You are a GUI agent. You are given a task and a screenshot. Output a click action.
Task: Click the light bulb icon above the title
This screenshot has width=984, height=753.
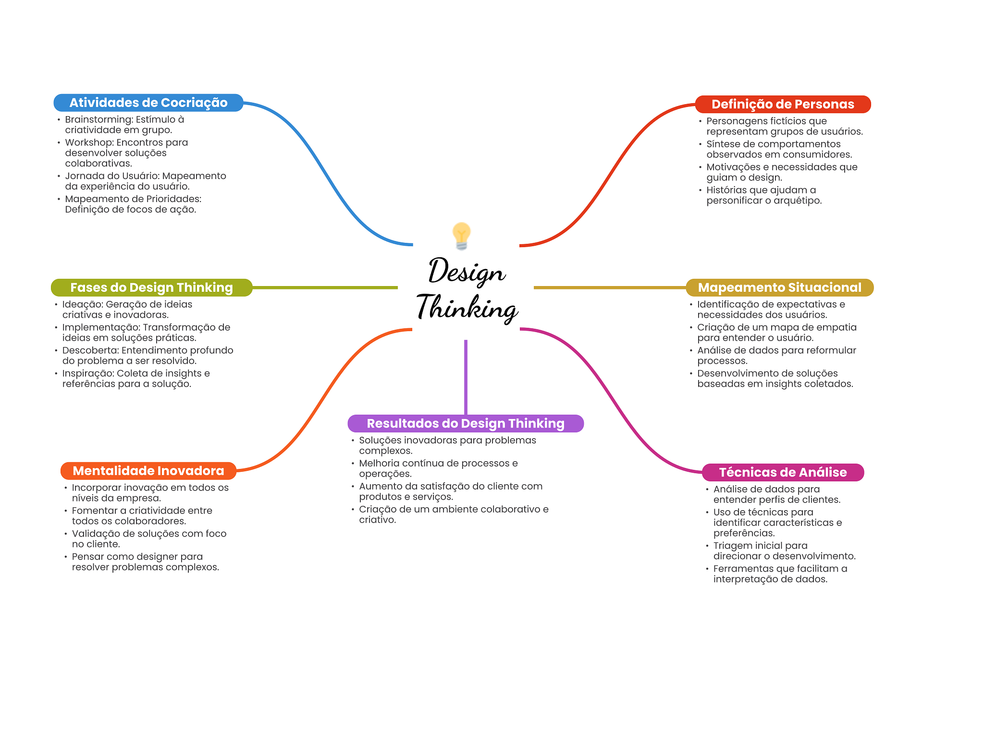coord(461,236)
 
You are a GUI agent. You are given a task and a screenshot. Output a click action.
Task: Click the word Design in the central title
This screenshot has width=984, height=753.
coord(466,271)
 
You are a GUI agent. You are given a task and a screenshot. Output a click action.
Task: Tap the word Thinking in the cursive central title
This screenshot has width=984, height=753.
coord(467,307)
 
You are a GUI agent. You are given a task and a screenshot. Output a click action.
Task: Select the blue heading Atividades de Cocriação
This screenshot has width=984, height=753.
coord(148,103)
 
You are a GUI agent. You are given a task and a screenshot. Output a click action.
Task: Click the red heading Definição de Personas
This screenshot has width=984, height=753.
coord(783,104)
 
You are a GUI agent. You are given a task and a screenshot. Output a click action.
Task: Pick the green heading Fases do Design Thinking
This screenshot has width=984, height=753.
coord(151,287)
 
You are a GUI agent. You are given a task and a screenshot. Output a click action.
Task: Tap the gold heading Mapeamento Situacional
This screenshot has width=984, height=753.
coord(779,287)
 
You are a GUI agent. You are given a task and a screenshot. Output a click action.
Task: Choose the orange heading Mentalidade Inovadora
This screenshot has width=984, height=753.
coord(148,471)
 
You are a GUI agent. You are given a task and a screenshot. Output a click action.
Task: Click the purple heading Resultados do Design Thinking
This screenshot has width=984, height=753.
coord(466,423)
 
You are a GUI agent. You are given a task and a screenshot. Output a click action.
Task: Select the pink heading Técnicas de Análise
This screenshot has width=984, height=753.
coord(783,472)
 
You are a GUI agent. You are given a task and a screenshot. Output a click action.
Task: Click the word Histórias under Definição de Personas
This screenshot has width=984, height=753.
coord(726,190)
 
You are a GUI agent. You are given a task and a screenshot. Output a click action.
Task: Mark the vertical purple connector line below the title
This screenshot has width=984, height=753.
coord(466,377)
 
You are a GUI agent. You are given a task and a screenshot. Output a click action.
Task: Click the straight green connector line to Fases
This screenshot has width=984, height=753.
coord(325,287)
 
